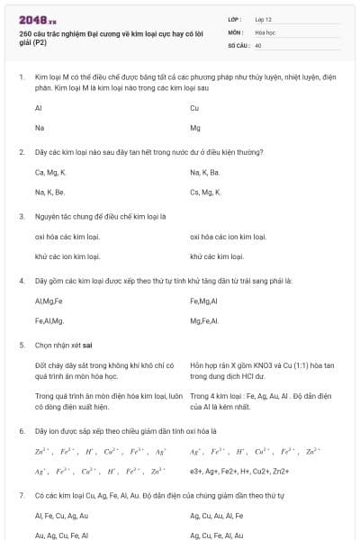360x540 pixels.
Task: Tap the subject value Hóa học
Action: pyautogui.click(x=265, y=31)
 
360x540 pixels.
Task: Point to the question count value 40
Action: pyautogui.click(x=258, y=44)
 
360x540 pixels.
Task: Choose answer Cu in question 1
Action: pyautogui.click(x=194, y=108)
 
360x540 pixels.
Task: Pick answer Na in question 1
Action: pyautogui.click(x=40, y=129)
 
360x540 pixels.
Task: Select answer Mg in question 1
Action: pyautogui.click(x=195, y=129)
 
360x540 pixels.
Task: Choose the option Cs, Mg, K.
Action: pyautogui.click(x=205, y=193)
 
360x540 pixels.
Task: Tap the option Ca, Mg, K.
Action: pyautogui.click(x=50, y=172)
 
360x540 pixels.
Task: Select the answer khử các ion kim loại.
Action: pyautogui.click(x=67, y=256)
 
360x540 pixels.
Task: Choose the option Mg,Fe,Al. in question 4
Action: pyautogui.click(x=205, y=321)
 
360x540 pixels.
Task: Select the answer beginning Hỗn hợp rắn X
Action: pyautogui.click(x=262, y=370)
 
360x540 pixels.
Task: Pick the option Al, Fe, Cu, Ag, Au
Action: pyautogui.click(x=61, y=516)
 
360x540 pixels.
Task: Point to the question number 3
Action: pyautogui.click(x=22, y=216)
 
